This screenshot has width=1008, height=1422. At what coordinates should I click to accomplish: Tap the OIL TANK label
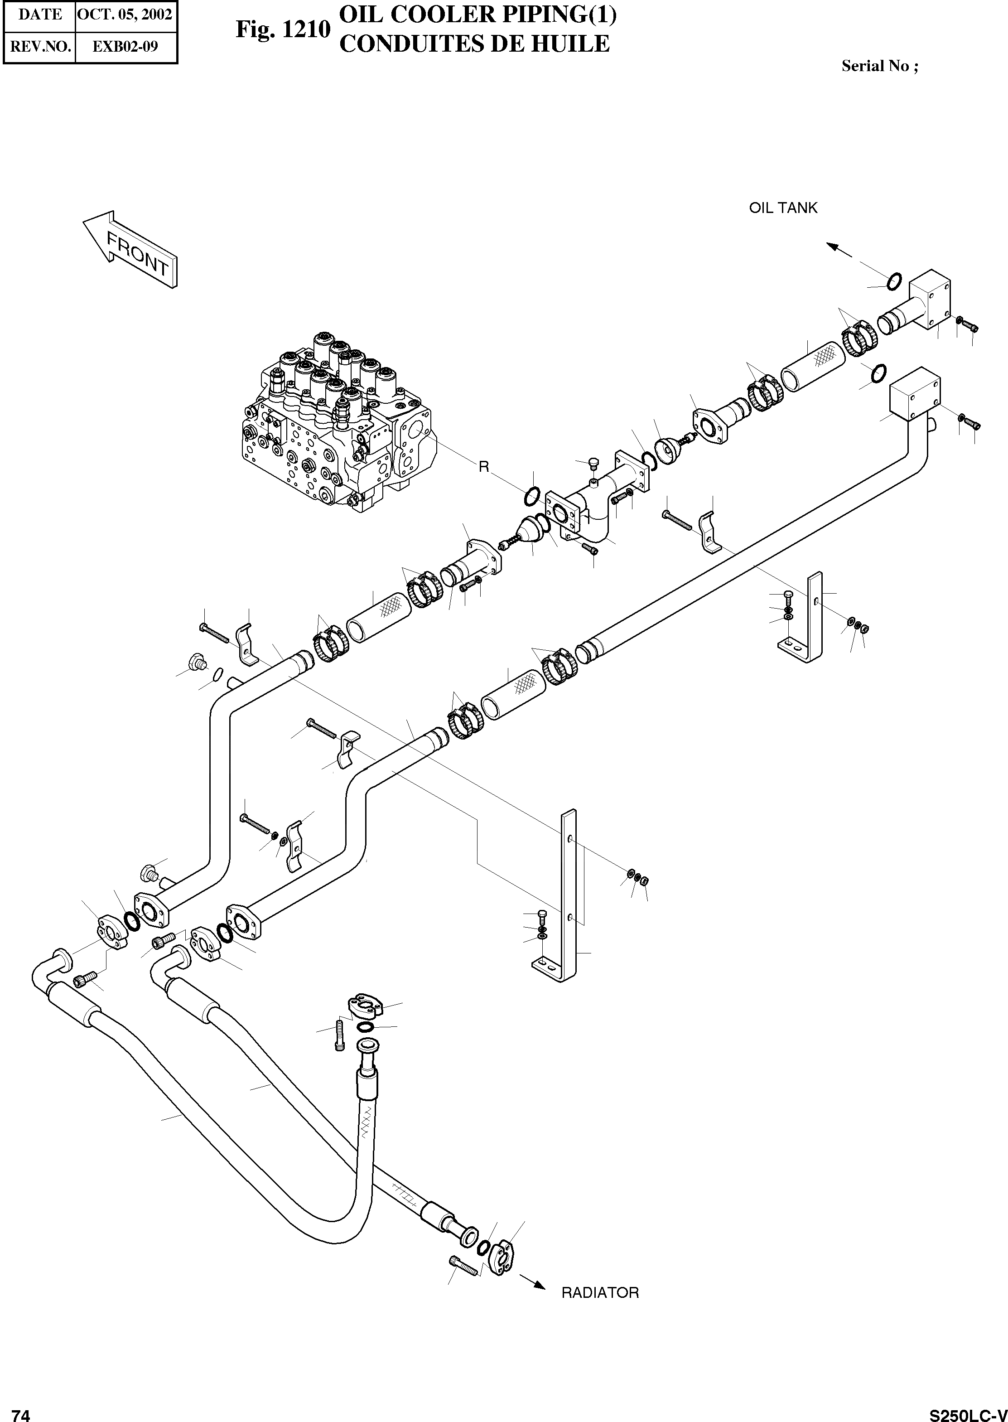coord(783,208)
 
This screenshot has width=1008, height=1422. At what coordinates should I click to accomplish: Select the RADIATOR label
coord(599,1293)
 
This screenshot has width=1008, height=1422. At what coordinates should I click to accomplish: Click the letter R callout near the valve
coord(484,467)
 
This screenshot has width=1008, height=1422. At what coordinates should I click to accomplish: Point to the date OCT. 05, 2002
coord(125,15)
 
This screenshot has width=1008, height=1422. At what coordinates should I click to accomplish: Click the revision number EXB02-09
coord(125,47)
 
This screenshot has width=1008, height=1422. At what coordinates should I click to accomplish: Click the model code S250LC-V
coord(968,1411)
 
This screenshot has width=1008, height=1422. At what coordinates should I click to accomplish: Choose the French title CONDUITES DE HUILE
coord(475,44)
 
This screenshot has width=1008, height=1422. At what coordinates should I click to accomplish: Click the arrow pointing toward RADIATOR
coord(532,1281)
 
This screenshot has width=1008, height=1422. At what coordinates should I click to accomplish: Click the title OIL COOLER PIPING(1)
coord(478,15)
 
